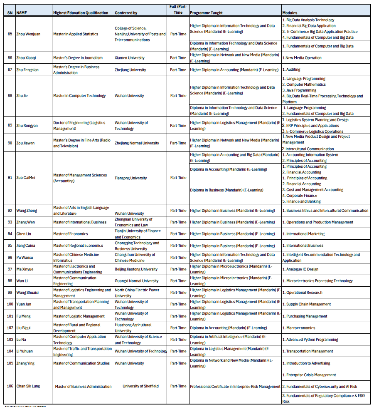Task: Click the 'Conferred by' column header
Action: (126, 13)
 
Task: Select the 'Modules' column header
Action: (290, 13)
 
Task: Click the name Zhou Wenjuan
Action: (28, 34)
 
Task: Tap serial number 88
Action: (10, 96)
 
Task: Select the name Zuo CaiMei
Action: (26, 178)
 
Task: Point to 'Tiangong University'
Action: (130, 178)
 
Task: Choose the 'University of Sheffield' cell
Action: (140, 386)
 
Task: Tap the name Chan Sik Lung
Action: (28, 386)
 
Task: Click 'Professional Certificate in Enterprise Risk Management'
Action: (235, 387)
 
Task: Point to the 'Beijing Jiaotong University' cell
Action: (136, 269)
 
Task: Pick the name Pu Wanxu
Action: (25, 258)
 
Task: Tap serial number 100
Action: (10, 304)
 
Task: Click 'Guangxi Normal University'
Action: (136, 281)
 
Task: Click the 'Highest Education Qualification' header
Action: (81, 13)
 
